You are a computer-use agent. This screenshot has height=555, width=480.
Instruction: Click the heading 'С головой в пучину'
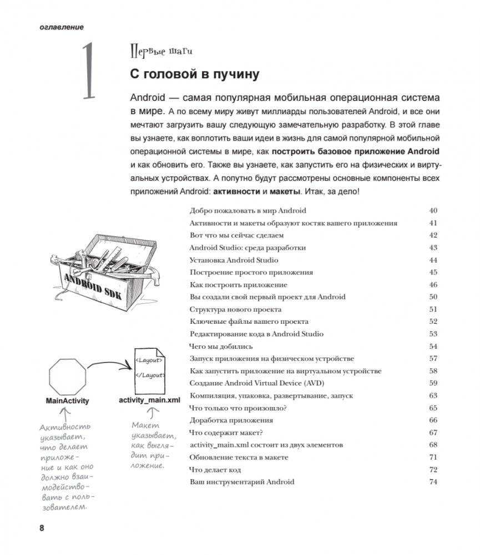point(194,74)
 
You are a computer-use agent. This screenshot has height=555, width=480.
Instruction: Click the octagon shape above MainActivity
point(67,375)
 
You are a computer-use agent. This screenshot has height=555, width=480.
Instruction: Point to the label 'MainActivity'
point(67,401)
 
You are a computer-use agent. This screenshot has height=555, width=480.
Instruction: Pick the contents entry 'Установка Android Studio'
point(234,260)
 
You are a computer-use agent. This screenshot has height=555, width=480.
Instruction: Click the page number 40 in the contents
point(433,211)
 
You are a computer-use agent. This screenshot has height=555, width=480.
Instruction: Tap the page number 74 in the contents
point(433,482)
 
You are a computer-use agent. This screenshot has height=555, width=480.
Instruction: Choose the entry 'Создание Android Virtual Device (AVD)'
point(256,383)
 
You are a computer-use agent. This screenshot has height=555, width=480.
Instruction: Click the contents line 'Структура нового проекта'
point(235,309)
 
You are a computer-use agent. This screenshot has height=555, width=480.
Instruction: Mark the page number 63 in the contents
point(433,396)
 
